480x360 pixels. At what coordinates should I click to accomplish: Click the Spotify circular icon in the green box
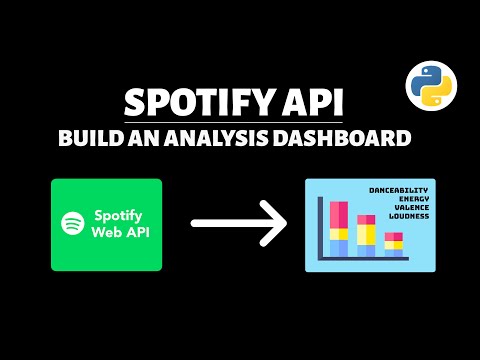[72, 224]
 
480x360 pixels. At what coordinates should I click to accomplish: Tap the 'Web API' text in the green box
[118, 233]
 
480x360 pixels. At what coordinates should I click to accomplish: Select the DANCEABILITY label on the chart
[397, 190]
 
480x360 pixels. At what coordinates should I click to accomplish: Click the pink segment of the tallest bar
[339, 213]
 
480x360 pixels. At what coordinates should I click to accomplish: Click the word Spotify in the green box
[118, 216]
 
